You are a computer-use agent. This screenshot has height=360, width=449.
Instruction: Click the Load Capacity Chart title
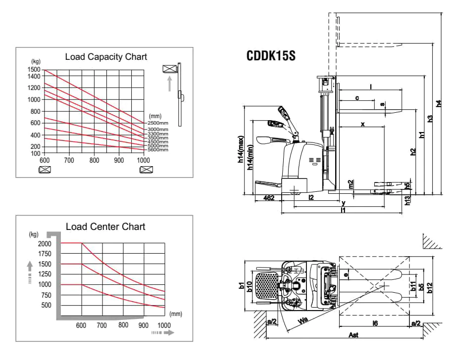pos(106,57)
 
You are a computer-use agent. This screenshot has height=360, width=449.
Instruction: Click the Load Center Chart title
pos(105,226)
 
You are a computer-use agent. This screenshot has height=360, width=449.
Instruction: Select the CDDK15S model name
pos(271,55)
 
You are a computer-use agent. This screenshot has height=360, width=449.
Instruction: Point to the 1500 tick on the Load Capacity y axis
pos(34,70)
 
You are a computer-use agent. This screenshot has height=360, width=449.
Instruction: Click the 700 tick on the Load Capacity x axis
pos(69,160)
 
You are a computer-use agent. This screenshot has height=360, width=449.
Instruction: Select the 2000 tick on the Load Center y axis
pos(45,244)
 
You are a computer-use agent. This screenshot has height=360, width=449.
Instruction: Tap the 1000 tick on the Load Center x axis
pos(163,325)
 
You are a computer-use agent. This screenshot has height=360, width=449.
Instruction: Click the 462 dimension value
pos(268,198)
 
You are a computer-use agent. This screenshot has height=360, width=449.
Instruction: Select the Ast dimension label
pos(353,335)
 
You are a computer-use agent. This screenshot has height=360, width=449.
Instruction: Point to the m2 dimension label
pos(351,184)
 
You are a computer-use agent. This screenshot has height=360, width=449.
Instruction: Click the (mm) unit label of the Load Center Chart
pos(175,314)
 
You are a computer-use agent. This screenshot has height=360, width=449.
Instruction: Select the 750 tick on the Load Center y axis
pos(45,295)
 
